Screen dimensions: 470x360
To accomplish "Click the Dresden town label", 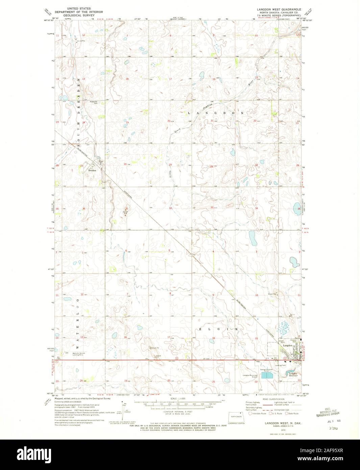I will click(92, 171).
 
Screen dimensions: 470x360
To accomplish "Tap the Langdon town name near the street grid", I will click(287, 346).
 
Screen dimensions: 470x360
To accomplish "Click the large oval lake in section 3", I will click(252, 239).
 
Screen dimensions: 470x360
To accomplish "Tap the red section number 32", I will click(171, 208).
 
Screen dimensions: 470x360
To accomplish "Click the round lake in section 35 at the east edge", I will click(296, 207).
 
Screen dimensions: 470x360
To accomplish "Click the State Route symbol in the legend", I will click(287, 413).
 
